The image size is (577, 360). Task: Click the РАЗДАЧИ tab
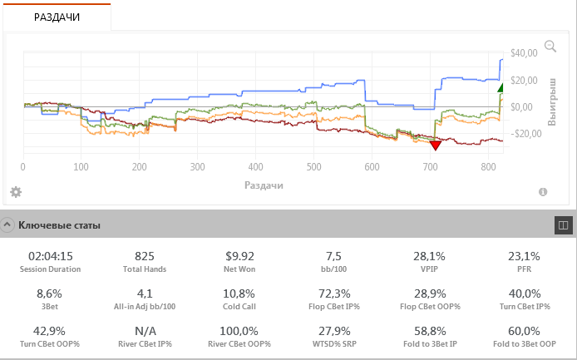(57, 16)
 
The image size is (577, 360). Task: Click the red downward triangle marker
(435, 145)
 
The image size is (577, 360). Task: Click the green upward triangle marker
(501, 87)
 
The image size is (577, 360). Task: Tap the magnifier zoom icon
(550, 47)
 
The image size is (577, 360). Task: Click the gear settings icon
(16, 192)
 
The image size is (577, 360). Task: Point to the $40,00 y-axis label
(524, 53)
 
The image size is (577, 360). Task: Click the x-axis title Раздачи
(264, 185)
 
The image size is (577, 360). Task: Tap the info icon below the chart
(543, 192)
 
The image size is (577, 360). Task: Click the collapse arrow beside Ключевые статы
(7, 224)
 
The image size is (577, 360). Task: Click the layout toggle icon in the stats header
(562, 224)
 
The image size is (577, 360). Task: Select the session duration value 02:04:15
(51, 256)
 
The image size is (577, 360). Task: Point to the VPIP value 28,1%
(429, 256)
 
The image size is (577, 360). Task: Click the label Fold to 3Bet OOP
(524, 343)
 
